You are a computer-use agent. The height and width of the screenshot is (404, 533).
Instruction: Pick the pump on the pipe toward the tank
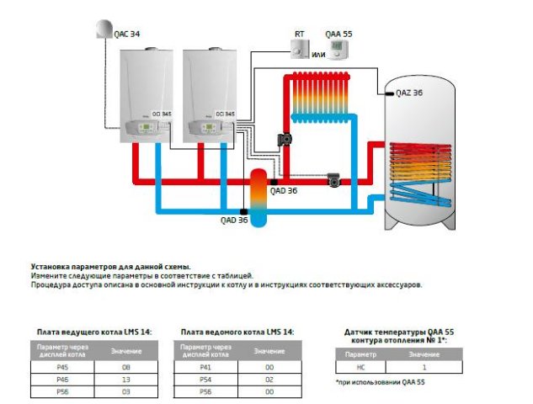[x=335, y=179]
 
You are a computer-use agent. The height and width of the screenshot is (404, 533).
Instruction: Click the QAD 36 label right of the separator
[x=285, y=191]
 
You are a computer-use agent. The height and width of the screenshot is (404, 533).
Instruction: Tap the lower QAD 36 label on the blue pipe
[x=234, y=221]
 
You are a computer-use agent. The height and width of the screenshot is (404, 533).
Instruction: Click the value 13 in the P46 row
[x=127, y=380]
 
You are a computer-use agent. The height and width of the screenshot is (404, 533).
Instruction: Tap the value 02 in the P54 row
[x=269, y=380]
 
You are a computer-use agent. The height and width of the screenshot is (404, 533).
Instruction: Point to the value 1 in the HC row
[x=425, y=367]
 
